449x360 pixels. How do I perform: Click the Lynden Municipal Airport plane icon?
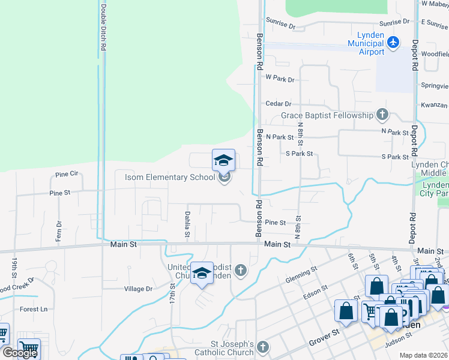[x=393, y=42]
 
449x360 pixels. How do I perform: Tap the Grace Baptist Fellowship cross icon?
[x=382, y=115]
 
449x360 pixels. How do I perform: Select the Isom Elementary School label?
[x=169, y=177]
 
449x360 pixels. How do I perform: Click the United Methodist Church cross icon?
[x=241, y=271]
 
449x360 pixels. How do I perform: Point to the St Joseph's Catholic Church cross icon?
[x=264, y=347]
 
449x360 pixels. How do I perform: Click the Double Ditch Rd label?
[x=103, y=26]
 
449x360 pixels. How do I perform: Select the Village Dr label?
[x=138, y=289]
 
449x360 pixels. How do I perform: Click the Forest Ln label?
[x=33, y=310]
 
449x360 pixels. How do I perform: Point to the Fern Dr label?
[x=59, y=232]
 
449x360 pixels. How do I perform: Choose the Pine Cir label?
[x=67, y=174]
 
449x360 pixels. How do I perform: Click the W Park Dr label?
[x=280, y=79]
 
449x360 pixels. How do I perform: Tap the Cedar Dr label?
[x=278, y=104]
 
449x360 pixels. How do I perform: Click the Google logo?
[x=20, y=353]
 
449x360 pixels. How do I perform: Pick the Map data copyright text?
[x=424, y=355]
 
